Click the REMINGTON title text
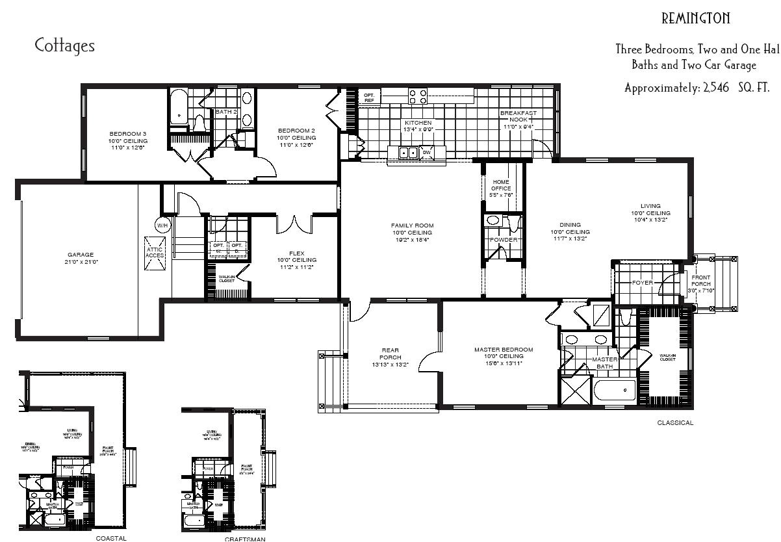[695, 18]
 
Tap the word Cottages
[64, 45]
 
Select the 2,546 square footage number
[715, 88]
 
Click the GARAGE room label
[81, 255]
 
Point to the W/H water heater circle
[162, 226]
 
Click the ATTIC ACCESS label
[155, 252]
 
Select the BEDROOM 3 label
[128, 133]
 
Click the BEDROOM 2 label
[296, 130]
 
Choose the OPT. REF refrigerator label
[369, 97]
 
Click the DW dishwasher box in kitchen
[427, 153]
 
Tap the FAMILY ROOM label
[412, 226]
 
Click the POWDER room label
[504, 240]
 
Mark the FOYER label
[642, 283]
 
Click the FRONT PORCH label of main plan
[701, 281]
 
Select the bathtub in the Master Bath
[615, 390]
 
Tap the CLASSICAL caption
[675, 422]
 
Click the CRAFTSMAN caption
[245, 538]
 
